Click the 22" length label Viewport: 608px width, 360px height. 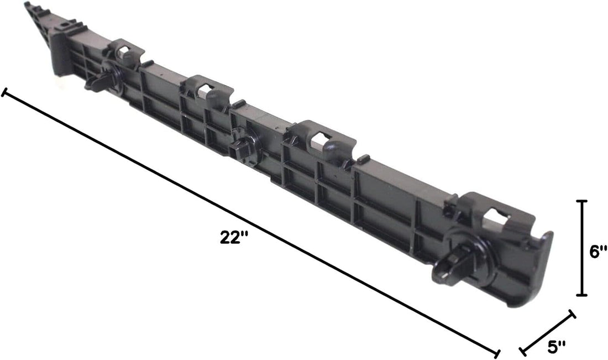tap(234, 237)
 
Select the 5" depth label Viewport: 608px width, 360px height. tap(557, 347)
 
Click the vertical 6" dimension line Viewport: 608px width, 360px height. tap(581, 248)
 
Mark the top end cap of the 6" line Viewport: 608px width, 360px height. tap(581, 201)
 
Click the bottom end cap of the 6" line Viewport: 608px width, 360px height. tap(581, 295)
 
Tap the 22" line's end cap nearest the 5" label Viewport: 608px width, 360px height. tap(497, 353)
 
